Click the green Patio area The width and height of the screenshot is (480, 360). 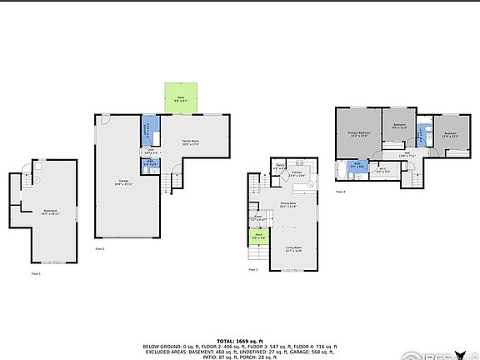[x=181, y=98]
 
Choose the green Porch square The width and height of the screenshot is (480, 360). [x=258, y=236]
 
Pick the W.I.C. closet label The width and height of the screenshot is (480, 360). [x=382, y=170]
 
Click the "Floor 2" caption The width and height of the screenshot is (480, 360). [x=100, y=248]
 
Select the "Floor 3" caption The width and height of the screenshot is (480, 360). [x=252, y=270]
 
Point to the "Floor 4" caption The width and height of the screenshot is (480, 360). [x=340, y=192]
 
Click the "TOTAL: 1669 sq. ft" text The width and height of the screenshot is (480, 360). [x=239, y=341]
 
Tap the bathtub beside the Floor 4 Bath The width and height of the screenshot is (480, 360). [x=341, y=171]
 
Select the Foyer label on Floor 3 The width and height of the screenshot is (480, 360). [x=258, y=218]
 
